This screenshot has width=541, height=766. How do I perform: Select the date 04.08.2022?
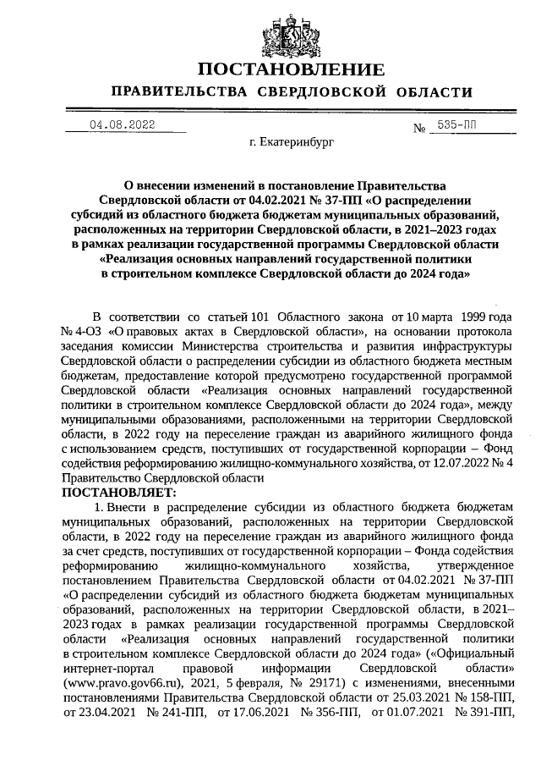click(123, 125)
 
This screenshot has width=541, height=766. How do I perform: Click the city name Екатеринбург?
click(291, 143)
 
